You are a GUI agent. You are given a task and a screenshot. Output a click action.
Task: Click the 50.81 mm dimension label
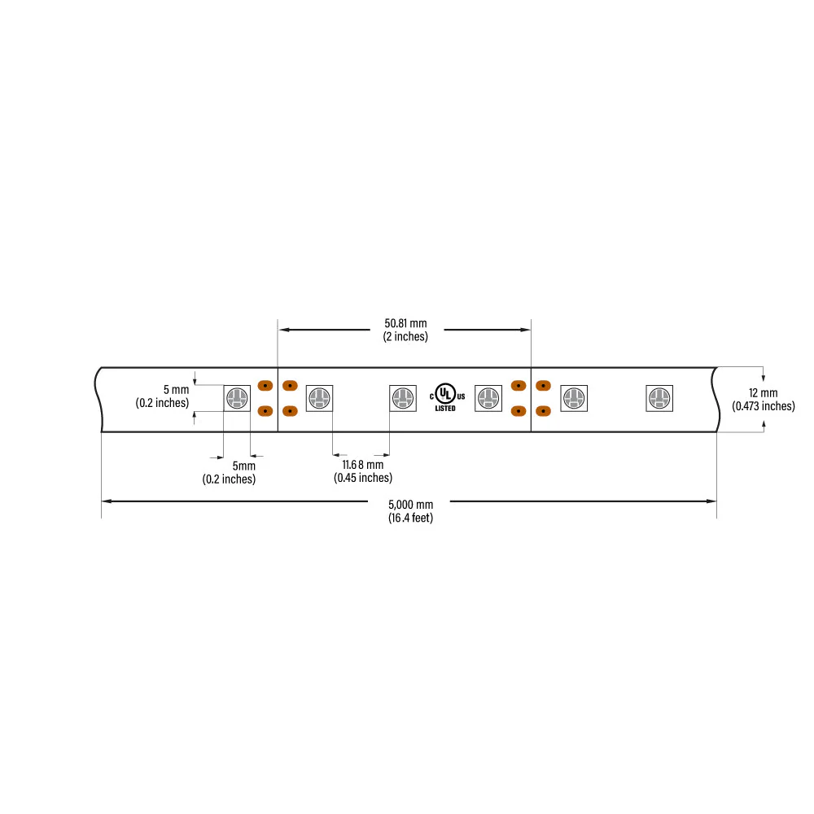[405, 323]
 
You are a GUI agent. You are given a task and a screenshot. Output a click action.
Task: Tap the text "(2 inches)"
[405, 336]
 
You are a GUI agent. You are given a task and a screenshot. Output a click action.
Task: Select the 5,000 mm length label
[410, 505]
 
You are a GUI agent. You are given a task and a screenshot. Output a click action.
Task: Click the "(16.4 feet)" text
[410, 518]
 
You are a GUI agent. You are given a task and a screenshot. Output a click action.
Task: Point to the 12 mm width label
[764, 393]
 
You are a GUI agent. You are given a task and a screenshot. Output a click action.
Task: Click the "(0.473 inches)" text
[764, 406]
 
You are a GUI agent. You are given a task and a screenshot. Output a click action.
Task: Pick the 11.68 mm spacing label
[363, 465]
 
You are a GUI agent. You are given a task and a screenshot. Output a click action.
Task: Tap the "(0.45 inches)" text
[363, 478]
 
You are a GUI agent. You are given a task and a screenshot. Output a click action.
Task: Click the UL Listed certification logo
[447, 398]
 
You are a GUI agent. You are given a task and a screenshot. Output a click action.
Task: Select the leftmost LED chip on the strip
[237, 398]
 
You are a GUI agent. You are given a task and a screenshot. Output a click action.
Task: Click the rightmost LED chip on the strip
[659, 398]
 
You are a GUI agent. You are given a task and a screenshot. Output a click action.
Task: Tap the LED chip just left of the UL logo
[403, 398]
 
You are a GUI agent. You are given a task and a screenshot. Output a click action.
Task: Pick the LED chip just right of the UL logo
[488, 398]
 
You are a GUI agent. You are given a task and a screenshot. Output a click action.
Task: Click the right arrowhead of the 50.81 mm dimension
[526, 330]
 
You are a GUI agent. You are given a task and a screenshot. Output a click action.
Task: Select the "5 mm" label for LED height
[176, 389]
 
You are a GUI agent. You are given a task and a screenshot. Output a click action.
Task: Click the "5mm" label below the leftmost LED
[243, 466]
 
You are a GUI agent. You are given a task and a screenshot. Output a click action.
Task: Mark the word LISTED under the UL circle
[445, 409]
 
